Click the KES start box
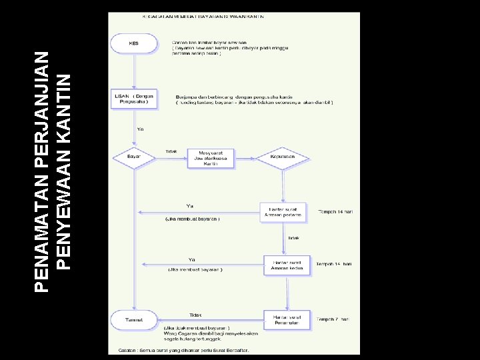(x=135, y=45)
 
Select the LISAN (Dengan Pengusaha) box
(x=135, y=99)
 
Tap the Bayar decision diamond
(x=135, y=157)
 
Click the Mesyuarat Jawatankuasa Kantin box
(x=206, y=158)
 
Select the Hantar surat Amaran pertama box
(x=283, y=212)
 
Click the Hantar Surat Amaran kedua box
(x=287, y=265)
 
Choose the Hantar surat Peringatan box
(x=287, y=319)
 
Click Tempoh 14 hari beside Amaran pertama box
(x=335, y=211)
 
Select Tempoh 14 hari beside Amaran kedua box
(x=334, y=264)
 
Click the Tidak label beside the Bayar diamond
(x=171, y=151)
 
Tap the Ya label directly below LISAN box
(x=140, y=129)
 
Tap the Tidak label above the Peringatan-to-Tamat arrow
(x=195, y=315)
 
